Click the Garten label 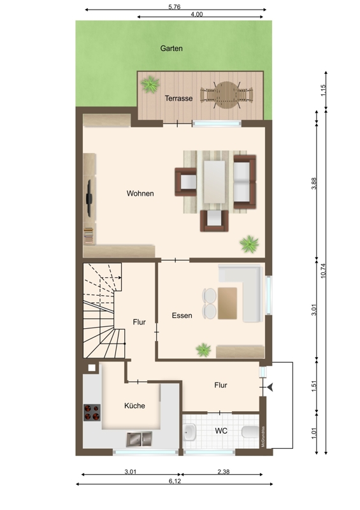pos(171,48)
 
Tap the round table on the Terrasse pos(227,95)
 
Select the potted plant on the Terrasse pos(150,84)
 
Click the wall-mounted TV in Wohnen pos(89,198)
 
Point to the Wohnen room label pos(140,194)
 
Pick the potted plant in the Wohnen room pos(249,244)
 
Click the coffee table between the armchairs pos(214,181)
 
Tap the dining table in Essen pos(227,303)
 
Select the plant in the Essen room pos(204,349)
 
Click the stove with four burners pos(92,412)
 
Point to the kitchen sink pos(139,439)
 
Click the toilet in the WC pos(250,432)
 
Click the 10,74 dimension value pos(323,270)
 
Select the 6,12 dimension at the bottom pos(175,481)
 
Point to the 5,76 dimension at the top pos(175,7)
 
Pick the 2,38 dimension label pos(224,472)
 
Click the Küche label pos(134,405)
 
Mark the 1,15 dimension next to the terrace pos(323,90)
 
